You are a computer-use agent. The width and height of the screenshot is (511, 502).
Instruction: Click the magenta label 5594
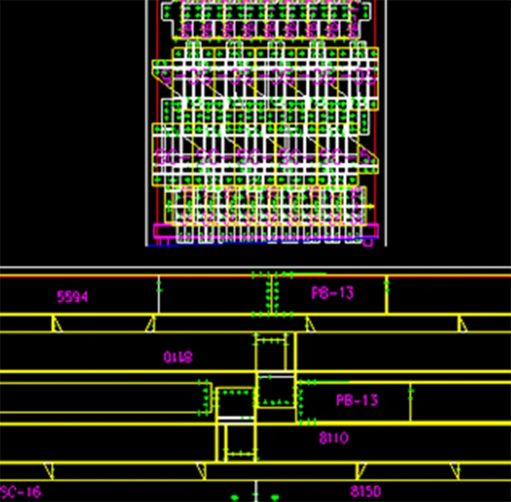[73, 296]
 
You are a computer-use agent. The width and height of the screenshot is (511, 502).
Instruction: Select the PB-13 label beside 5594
[332, 293]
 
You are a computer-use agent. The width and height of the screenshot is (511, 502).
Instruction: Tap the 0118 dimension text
[178, 357]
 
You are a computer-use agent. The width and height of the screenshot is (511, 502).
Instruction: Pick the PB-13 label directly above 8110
[356, 400]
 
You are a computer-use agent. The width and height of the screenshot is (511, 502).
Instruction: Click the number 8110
[333, 438]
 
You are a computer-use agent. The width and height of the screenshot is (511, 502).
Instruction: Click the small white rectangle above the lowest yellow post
[235, 419]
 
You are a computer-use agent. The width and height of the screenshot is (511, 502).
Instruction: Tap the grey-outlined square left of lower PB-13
[276, 391]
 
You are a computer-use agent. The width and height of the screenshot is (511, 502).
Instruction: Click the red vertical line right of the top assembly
[380, 121]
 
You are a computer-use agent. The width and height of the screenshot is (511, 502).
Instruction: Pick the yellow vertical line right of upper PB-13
[387, 295]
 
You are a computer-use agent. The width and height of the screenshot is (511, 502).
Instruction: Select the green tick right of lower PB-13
[411, 393]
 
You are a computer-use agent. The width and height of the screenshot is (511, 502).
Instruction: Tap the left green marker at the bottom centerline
[235, 497]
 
